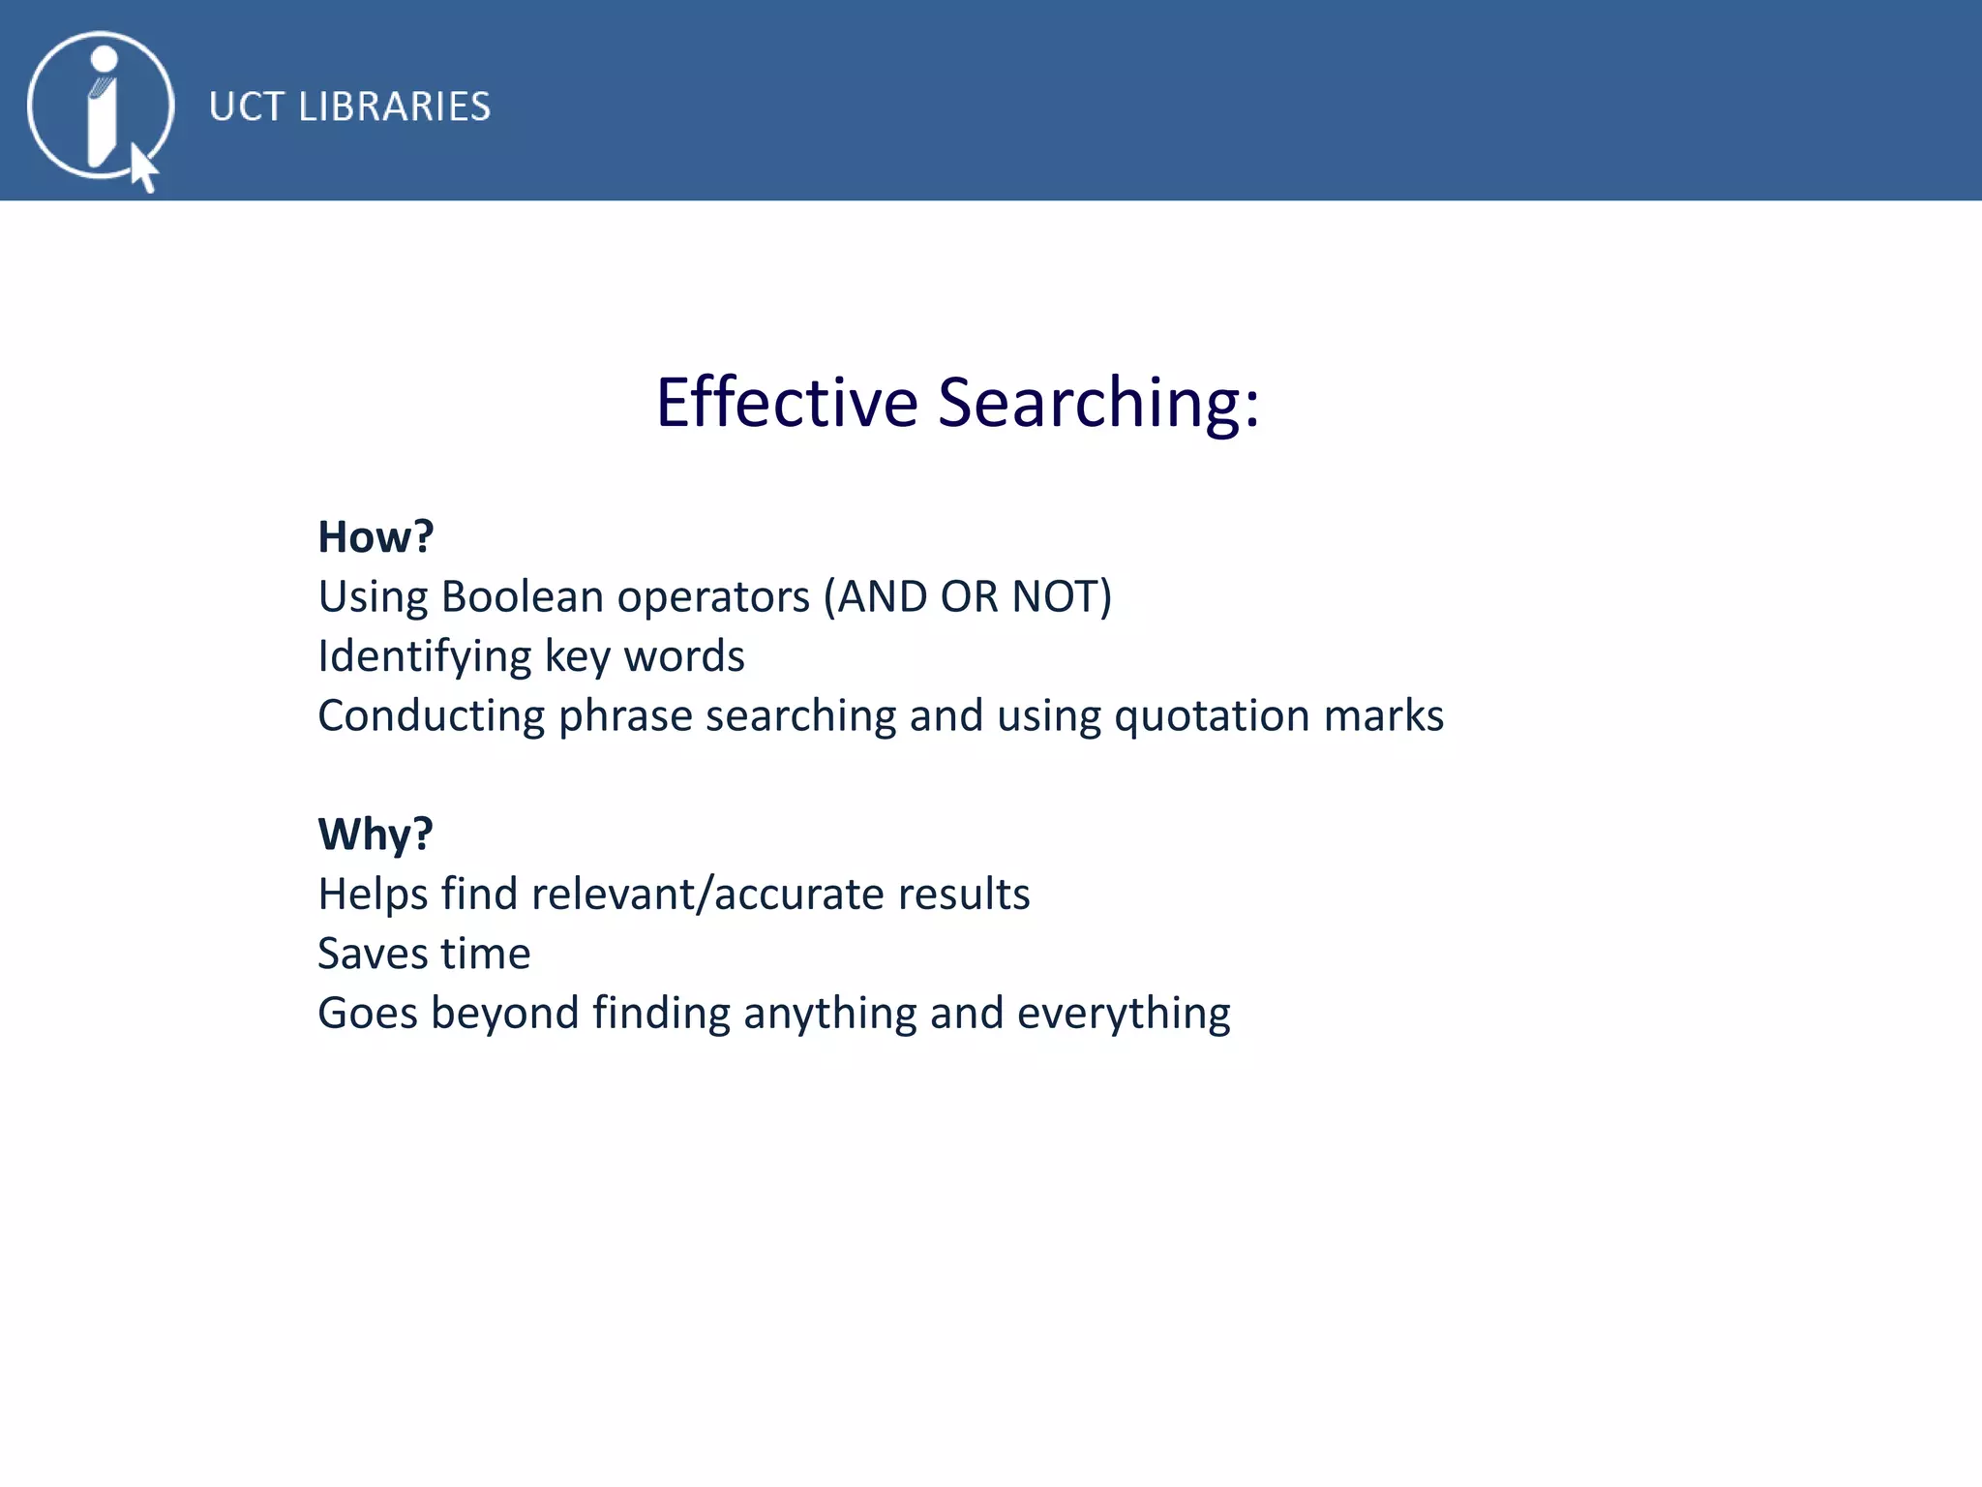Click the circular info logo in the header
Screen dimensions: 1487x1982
[x=101, y=106]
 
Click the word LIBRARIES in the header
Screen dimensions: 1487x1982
[x=394, y=106]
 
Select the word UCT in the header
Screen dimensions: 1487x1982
[x=246, y=106]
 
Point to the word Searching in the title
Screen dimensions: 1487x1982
[x=1098, y=404]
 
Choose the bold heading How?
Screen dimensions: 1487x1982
[x=375, y=536]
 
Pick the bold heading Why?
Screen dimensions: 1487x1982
[x=375, y=834]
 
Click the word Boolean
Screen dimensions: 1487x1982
[x=523, y=596]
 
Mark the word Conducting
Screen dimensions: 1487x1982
[x=432, y=716]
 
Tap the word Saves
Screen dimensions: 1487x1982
[x=373, y=954]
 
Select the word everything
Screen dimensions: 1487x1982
[x=1124, y=1014]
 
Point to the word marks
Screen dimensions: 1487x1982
[x=1384, y=716]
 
